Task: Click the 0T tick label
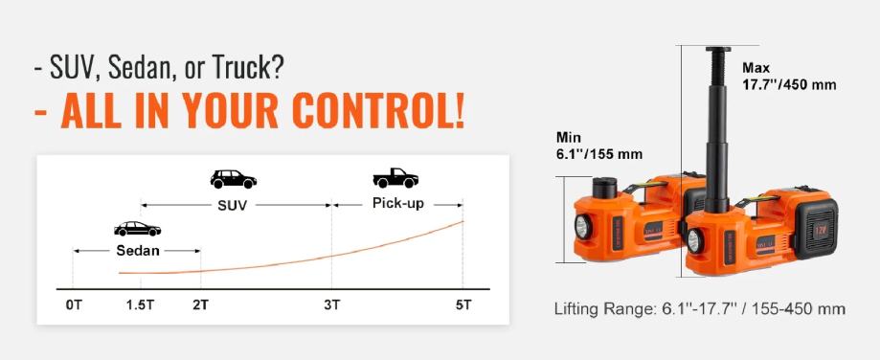pos(74,305)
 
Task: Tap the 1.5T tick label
pos(140,305)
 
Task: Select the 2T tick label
pos(200,305)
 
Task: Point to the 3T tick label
pos(331,305)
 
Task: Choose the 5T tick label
pos(463,305)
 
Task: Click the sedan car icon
pos(138,229)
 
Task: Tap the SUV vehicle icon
pos(233,179)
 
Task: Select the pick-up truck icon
pos(395,178)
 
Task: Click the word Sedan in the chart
pos(138,251)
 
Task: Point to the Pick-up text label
pos(398,203)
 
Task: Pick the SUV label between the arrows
pos(233,205)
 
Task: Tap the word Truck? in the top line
pos(249,68)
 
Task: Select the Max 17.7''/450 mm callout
pos(789,77)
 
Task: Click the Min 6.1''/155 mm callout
pos(598,146)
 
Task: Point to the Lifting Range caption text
pos(700,309)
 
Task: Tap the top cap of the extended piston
pos(718,50)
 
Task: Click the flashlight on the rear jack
pos(582,227)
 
